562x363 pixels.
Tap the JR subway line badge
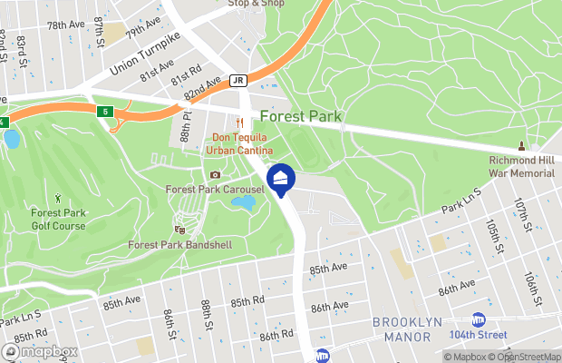[x=238, y=80]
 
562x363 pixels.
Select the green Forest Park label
[x=300, y=116]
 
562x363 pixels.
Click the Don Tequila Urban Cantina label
[x=239, y=142]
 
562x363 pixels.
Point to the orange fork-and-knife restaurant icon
[x=240, y=123]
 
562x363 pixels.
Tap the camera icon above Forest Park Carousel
[x=215, y=174]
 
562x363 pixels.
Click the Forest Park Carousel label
[x=214, y=189]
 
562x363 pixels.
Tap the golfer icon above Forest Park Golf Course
[x=59, y=197]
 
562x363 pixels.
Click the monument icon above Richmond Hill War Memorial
[x=521, y=146]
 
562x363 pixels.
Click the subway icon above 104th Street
[x=479, y=319]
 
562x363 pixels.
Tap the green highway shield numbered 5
[x=104, y=112]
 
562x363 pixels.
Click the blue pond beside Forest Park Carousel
[x=243, y=202]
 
